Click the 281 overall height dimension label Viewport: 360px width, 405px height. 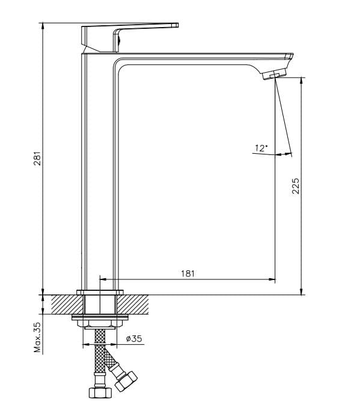[37, 159]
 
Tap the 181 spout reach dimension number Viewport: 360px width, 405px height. [188, 273]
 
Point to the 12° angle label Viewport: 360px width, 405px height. [261, 148]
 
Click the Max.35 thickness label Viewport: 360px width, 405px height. [37, 338]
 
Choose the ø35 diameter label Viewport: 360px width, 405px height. [134, 339]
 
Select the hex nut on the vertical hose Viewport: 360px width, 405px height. [100, 392]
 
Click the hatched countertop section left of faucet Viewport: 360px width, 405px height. [65, 304]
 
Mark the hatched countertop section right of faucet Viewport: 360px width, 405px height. [137, 304]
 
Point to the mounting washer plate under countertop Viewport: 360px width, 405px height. [100, 317]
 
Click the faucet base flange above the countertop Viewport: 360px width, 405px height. [100, 292]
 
